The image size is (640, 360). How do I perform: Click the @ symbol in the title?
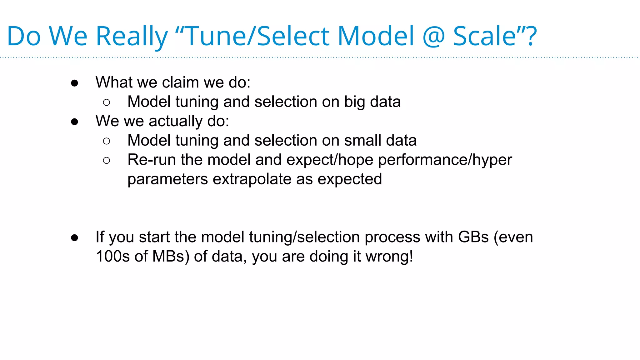coord(433,37)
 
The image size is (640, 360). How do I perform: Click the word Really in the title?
coord(132,37)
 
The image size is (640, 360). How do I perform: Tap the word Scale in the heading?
coord(484,37)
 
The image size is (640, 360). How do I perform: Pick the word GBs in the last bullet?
coord(473,237)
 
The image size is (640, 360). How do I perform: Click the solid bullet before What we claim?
coord(74,83)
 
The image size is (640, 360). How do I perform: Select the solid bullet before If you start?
coord(74,238)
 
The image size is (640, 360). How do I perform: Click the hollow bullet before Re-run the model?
coord(106,161)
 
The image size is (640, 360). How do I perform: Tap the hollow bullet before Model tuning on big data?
coord(106,102)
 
